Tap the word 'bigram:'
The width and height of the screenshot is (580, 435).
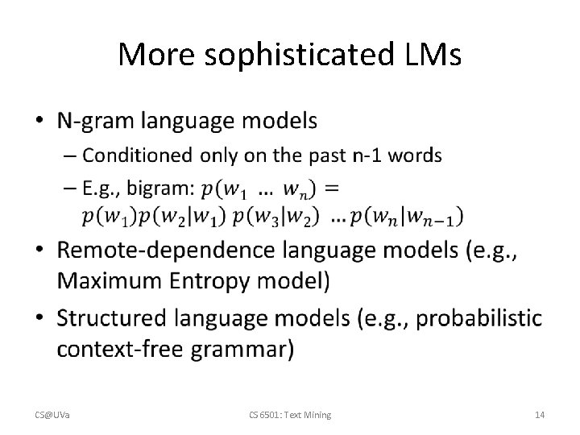(x=164, y=189)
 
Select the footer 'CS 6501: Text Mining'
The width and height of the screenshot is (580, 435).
(x=289, y=414)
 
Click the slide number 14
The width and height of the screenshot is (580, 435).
(x=540, y=414)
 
